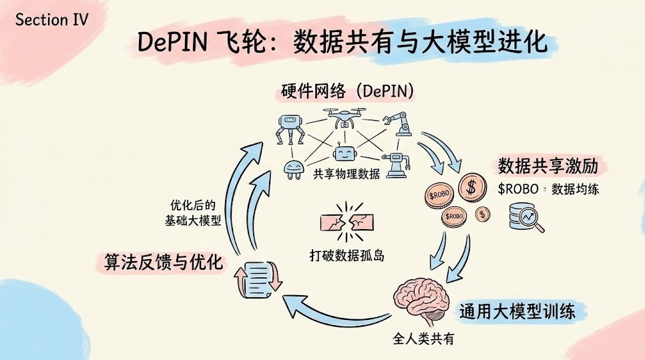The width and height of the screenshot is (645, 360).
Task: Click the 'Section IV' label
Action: pyautogui.click(x=51, y=19)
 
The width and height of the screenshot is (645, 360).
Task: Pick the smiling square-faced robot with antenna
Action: pyautogui.click(x=343, y=154)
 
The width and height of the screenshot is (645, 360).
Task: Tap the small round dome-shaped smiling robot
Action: pyautogui.click(x=293, y=170)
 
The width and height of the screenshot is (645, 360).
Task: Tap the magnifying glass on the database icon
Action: pyautogui.click(x=531, y=220)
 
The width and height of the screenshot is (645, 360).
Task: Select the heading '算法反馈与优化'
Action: pyautogui.click(x=164, y=262)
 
